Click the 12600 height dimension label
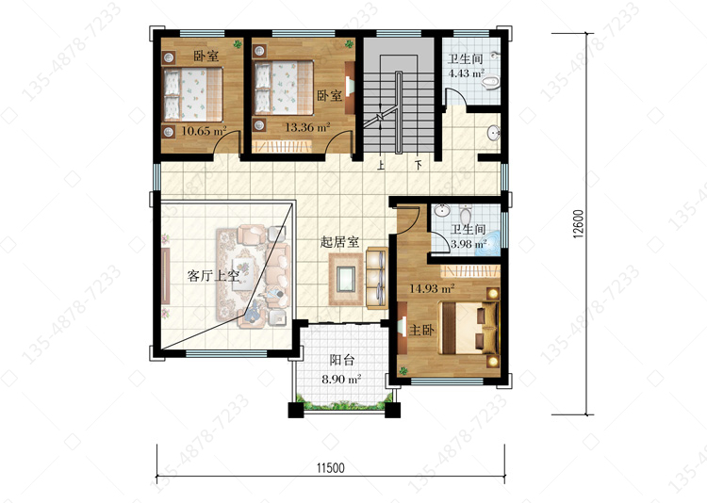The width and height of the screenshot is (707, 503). tap(579, 223)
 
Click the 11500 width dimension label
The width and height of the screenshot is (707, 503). tap(330, 468)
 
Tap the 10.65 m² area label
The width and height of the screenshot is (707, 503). tap(204, 131)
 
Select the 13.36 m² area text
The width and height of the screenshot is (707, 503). tap(307, 127)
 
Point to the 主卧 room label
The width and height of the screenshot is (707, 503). tap(421, 330)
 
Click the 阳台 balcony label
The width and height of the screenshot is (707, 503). tap(342, 360)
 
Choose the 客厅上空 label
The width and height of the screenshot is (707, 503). tap(213, 275)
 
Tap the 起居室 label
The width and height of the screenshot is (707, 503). tap(339, 242)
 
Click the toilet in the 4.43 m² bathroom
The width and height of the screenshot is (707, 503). tap(490, 83)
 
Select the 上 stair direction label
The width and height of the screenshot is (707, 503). tap(381, 166)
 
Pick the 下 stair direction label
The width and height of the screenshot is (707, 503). tap(419, 166)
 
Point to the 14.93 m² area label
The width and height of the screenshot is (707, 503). tap(432, 288)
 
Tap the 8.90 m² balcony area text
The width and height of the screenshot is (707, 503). tap(341, 379)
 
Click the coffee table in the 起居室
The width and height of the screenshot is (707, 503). tap(346, 279)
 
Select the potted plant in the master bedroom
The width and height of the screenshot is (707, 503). tap(403, 370)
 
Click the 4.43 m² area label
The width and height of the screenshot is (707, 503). tap(467, 73)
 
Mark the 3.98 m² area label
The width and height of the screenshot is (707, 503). tap(469, 244)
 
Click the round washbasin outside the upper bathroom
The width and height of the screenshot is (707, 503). tap(494, 133)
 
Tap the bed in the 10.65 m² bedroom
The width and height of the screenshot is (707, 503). tap(193, 94)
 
